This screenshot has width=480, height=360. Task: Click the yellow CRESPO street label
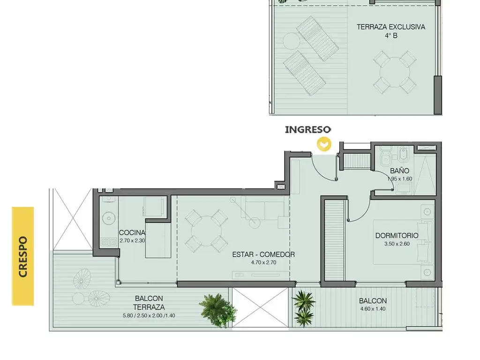click(23, 256)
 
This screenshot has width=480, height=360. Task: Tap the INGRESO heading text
click(308, 129)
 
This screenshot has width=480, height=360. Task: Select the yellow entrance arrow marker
click(324, 144)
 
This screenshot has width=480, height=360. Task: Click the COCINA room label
click(132, 232)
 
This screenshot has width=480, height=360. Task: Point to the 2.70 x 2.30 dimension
click(132, 240)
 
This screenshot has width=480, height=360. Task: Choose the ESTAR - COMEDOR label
click(263, 255)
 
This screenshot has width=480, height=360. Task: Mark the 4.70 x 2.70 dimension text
click(263, 262)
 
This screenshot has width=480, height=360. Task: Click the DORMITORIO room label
click(397, 235)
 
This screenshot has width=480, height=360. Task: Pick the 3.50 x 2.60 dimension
click(397, 244)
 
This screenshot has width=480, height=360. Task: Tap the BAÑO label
click(399, 171)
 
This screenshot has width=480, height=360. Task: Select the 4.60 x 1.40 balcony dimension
click(373, 309)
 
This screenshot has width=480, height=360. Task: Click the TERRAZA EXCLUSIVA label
click(391, 27)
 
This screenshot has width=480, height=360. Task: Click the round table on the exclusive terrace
click(395, 73)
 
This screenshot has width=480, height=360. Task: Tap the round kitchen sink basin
click(108, 218)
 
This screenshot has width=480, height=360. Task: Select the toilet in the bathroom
click(384, 155)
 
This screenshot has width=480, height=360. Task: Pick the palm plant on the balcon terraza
click(217, 310)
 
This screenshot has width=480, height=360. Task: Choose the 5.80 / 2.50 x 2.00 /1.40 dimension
click(149, 315)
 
